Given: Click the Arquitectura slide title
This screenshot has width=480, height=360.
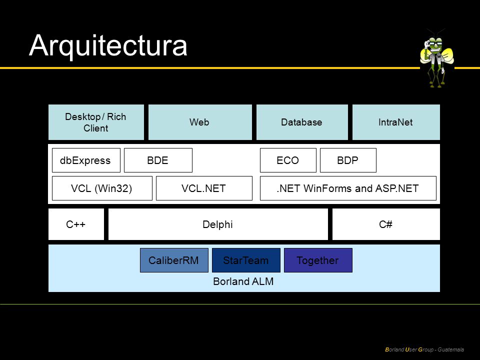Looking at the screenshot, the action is coord(108,46).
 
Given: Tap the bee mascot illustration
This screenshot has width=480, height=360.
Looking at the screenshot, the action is coord(437,58).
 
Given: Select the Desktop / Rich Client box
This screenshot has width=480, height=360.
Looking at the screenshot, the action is coord(96,122).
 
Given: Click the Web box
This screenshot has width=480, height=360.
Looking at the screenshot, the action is coord(200,122).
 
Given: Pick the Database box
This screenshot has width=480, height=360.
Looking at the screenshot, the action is coord(302,122).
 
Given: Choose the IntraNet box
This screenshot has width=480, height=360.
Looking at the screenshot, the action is coord(396,122).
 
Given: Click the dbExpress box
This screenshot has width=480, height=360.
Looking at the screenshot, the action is coord(86,160).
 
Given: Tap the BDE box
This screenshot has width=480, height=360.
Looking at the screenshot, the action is coord(158,160).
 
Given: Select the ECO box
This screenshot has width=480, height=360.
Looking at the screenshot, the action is coord(288,160).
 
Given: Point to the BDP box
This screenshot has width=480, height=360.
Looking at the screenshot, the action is coord(348,160).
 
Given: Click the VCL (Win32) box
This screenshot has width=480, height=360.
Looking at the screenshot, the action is coord(102,188).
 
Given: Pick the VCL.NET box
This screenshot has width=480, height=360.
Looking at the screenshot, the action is coord(204,188).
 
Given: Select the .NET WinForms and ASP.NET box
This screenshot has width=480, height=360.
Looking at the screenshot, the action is coord(348,188).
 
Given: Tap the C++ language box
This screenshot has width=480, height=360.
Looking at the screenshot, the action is coord(76,224).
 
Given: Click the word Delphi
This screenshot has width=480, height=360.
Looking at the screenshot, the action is coord(217,224).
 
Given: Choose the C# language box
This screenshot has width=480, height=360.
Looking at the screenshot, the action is coord(386,224).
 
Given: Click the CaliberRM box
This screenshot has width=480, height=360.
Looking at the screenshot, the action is coord(174,260).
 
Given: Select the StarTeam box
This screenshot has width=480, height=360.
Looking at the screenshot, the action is coord(246,260).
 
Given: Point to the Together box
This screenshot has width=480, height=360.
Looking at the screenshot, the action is coord(318,260).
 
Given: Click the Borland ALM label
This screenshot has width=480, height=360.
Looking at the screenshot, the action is coord(243,281).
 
